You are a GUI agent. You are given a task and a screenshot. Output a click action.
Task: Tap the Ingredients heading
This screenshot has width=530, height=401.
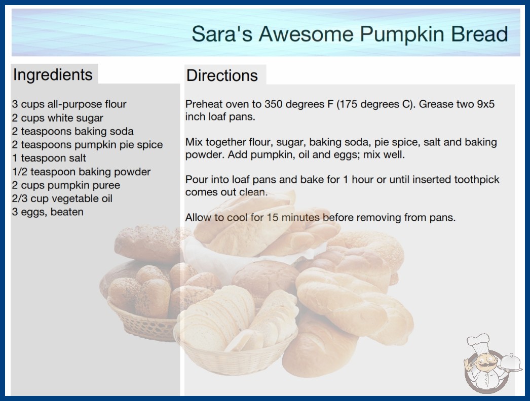pyautogui.click(x=53, y=75)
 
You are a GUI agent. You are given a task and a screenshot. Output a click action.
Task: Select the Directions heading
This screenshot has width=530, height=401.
pyautogui.click(x=222, y=75)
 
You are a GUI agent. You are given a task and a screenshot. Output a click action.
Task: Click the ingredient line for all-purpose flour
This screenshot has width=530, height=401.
pyautogui.click(x=69, y=104)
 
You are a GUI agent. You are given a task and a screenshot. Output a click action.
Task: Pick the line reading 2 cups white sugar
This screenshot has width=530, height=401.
pyautogui.click(x=57, y=118)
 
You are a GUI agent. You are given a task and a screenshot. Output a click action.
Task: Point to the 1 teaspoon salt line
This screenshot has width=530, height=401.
pyautogui.click(x=49, y=158)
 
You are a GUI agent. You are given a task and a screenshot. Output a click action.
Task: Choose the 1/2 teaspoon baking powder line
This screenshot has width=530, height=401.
pyautogui.click(x=81, y=172)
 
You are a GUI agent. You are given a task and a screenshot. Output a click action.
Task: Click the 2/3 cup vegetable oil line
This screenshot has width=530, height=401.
pyautogui.click(x=62, y=198)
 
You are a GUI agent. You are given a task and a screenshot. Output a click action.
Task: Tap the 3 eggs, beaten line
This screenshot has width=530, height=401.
pyautogui.click(x=48, y=212)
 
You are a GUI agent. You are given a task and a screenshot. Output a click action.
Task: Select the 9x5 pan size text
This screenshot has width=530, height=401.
pyautogui.click(x=486, y=104)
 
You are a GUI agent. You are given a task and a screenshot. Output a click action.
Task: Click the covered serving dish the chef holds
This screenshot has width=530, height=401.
pyautogui.click(x=511, y=363)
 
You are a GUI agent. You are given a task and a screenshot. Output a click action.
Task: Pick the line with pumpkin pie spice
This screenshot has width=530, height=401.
pyautogui.click(x=87, y=145)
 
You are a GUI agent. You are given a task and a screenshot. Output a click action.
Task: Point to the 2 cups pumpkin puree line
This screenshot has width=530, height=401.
pyautogui.click(x=66, y=185)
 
